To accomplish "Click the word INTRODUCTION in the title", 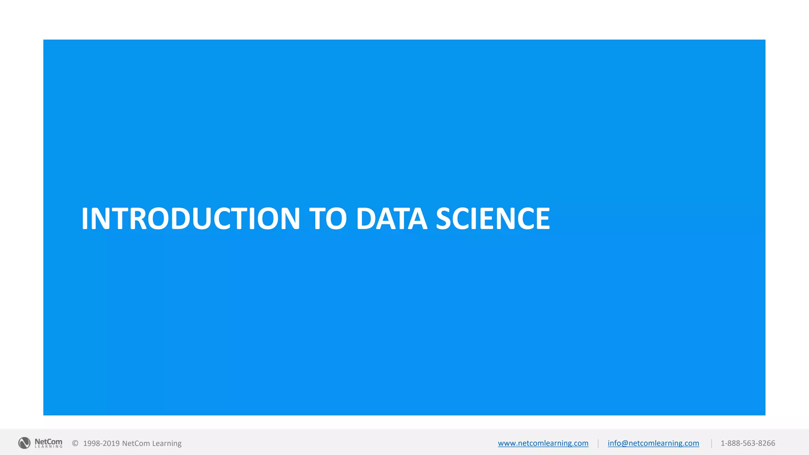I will [x=190, y=218].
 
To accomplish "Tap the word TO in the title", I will [x=328, y=218].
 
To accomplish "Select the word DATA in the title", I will [x=391, y=218].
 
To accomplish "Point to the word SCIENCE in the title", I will [x=493, y=218].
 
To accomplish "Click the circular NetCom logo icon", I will [x=24, y=443].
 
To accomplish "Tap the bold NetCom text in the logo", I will [x=48, y=441].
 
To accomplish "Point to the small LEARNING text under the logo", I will [x=49, y=447].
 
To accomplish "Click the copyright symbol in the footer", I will [x=75, y=443].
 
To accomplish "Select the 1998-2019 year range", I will [x=101, y=443].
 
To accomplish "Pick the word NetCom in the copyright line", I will [x=136, y=443].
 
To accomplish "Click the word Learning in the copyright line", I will [x=167, y=444].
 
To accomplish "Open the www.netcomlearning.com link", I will [x=543, y=443].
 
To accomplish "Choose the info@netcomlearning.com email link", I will [x=653, y=443].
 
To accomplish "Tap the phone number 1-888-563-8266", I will [x=748, y=443].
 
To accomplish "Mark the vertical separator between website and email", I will [x=598, y=444].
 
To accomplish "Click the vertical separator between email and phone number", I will [x=711, y=444].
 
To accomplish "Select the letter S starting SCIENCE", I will [x=444, y=218].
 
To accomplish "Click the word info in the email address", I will [x=614, y=443].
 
